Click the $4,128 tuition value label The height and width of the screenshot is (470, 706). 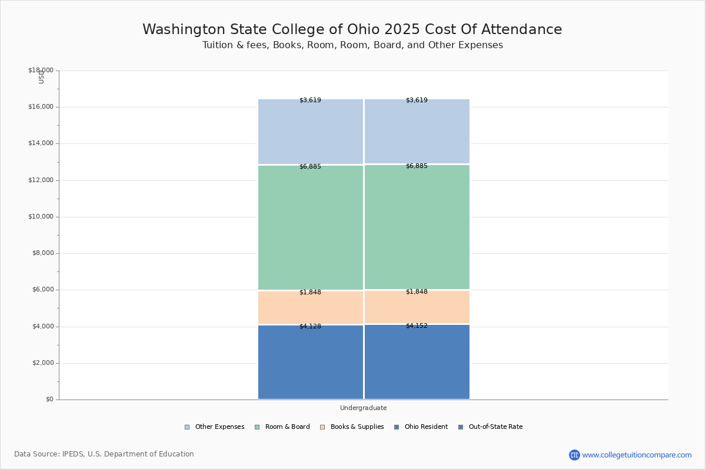pyautogui.click(x=310, y=326)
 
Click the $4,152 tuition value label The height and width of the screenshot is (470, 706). pyautogui.click(x=417, y=325)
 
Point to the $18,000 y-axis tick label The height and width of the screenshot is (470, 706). pyautogui.click(x=41, y=70)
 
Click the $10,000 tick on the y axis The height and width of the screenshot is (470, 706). pyautogui.click(x=41, y=217)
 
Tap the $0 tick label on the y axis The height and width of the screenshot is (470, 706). pyautogui.click(x=49, y=399)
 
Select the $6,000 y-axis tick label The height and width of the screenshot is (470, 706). pyautogui.click(x=42, y=290)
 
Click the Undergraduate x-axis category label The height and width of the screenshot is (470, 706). pyautogui.click(x=363, y=408)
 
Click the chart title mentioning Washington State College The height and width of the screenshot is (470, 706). pyautogui.click(x=352, y=29)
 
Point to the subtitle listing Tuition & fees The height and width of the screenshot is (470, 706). pyautogui.click(x=352, y=45)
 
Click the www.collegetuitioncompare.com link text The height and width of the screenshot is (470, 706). pyautogui.click(x=637, y=455)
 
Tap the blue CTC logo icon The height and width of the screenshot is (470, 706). pyautogui.click(x=574, y=455)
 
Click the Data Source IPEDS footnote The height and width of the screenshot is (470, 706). pyautogui.click(x=104, y=454)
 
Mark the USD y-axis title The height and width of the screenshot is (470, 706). pyautogui.click(x=41, y=77)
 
